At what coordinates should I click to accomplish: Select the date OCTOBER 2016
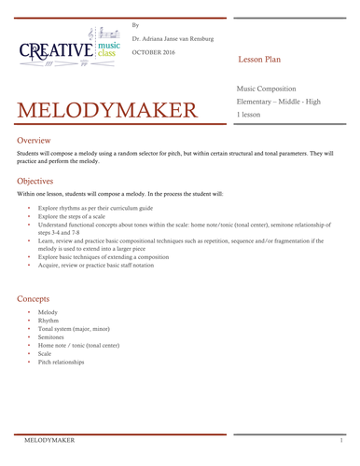click(x=156, y=50)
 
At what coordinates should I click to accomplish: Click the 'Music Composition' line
click(x=270, y=88)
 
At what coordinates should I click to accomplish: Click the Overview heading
click(x=35, y=140)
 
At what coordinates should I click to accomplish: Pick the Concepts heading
click(x=36, y=298)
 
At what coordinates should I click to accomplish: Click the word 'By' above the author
click(x=135, y=24)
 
